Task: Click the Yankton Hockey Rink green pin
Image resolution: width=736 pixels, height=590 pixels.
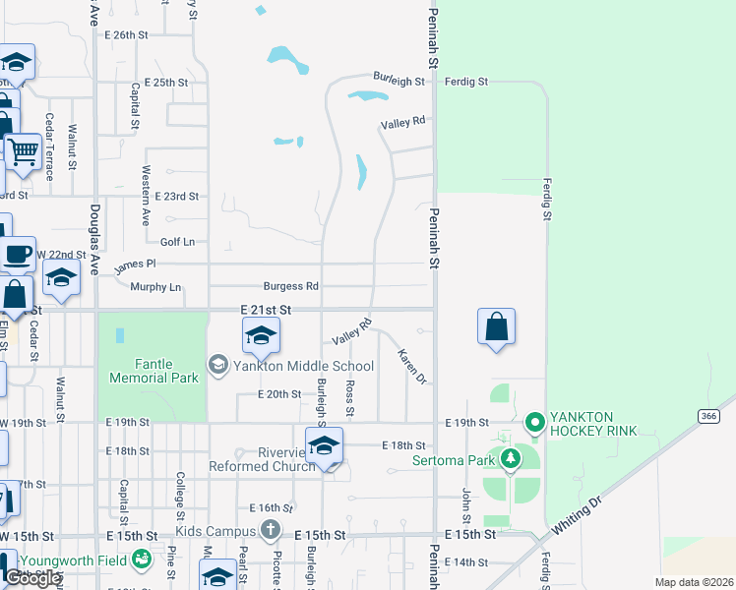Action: point(535,424)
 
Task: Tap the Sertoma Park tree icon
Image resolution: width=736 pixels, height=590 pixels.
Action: point(510,459)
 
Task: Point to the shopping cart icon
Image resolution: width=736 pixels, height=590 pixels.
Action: point(22,151)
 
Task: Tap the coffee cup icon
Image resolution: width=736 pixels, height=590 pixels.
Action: point(17,255)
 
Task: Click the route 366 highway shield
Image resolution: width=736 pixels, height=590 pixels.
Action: point(706,416)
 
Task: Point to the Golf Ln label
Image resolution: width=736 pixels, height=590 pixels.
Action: point(177,241)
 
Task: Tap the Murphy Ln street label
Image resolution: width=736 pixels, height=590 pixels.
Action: point(155,287)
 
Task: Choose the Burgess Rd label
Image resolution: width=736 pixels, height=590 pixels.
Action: point(296,286)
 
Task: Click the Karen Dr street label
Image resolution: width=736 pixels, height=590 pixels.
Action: point(411,366)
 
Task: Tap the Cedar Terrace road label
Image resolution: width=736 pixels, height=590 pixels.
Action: point(49,147)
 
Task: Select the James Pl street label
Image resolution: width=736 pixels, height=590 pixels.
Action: point(135,265)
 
